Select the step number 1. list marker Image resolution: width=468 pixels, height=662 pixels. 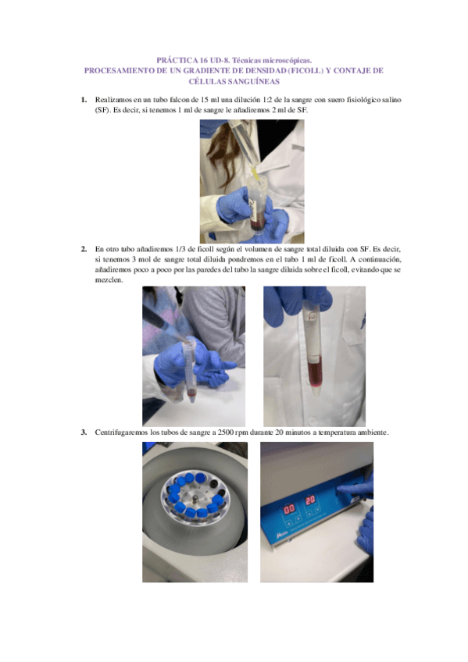84,100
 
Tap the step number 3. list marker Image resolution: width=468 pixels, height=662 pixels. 84,432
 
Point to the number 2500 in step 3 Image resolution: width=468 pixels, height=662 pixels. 226,432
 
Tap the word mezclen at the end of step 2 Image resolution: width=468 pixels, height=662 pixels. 108,280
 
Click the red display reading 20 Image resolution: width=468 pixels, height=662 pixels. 310,500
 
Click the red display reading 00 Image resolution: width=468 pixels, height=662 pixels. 289,509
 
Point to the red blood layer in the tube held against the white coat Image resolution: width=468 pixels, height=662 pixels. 314,370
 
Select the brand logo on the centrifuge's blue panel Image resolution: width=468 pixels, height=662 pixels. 282,536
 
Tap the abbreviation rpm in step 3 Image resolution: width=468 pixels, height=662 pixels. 242,433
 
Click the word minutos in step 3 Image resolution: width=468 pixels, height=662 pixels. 298,432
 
